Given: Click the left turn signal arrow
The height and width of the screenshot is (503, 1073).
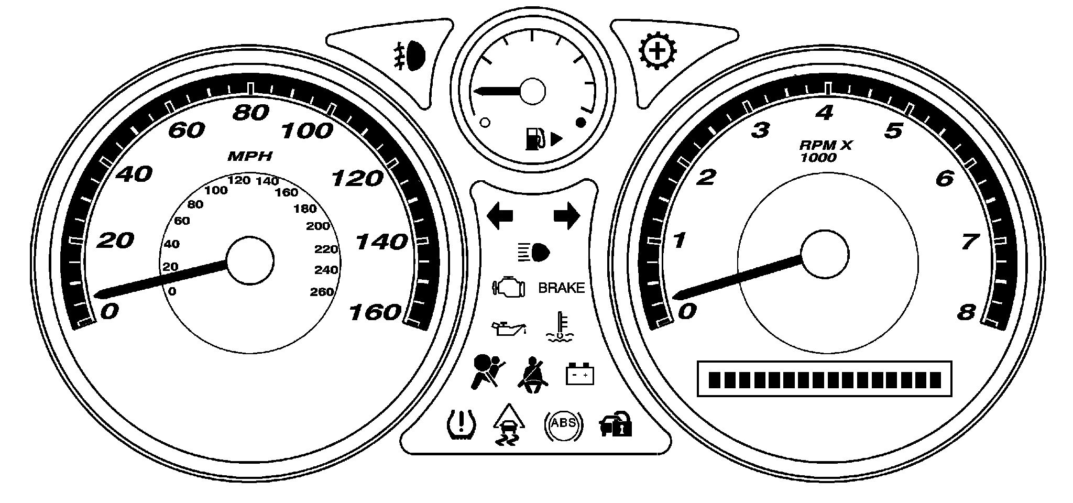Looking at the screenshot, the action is point(500,216).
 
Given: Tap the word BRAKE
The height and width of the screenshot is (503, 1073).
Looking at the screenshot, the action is point(561,288).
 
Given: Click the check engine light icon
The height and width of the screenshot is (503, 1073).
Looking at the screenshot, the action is point(508,288).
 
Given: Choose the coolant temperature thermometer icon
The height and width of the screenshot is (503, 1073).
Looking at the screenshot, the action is point(561,327).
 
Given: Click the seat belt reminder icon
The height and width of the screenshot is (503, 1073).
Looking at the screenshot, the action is point(534,373).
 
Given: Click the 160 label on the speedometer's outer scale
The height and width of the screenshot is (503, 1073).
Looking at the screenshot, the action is point(375,313).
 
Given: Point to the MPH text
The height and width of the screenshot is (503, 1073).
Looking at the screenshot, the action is point(250,156).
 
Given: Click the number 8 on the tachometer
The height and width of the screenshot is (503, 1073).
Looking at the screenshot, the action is point(967,313).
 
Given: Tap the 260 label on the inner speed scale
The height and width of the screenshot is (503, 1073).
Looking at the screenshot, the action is point(322,292).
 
